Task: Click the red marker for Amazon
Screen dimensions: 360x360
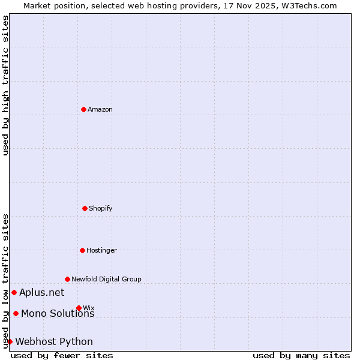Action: click(83, 109)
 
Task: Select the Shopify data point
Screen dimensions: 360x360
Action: click(85, 208)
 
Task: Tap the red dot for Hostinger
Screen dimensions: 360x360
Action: click(82, 250)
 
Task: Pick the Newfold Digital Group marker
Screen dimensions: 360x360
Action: click(67, 279)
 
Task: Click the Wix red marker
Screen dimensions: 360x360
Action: click(79, 308)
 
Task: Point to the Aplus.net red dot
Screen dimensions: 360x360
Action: click(14, 292)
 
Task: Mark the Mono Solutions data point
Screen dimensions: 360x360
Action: click(16, 313)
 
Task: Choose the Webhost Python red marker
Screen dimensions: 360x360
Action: click(10, 341)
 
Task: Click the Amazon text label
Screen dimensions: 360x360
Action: click(100, 109)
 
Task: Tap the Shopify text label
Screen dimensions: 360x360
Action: click(101, 208)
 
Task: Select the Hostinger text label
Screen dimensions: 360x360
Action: click(101, 250)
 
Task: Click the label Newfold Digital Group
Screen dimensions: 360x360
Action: click(107, 279)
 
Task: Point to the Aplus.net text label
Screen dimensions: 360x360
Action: click(41, 292)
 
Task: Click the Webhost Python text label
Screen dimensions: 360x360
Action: click(54, 341)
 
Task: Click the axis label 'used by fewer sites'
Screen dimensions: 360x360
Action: click(62, 355)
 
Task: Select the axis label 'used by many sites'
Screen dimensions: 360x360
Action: click(301, 355)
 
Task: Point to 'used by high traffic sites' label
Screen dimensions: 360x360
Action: click(5, 85)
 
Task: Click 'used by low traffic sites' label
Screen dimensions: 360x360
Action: click(5, 281)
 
